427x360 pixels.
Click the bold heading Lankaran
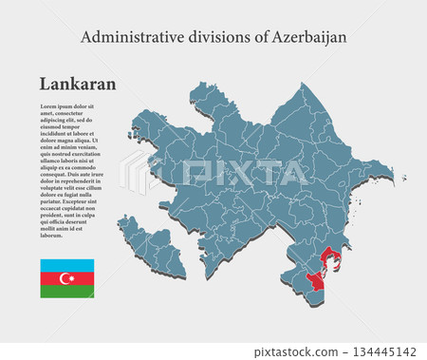[x=78, y=84]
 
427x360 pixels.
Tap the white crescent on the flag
[x=65, y=278]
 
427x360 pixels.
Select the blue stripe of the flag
[x=66, y=265]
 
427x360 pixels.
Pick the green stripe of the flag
[x=66, y=292]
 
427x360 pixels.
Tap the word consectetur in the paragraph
[x=71, y=113]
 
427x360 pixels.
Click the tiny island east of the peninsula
[x=403, y=177]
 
